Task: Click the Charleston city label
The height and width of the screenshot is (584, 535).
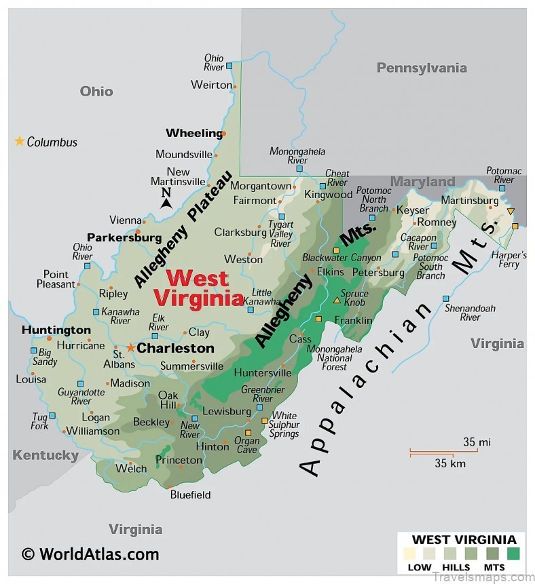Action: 176,348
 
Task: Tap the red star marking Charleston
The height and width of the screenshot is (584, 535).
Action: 130,347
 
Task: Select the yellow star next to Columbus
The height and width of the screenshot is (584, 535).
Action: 20,141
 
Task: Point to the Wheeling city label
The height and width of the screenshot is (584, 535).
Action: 194,133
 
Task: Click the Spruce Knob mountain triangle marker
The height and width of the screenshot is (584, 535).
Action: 337,300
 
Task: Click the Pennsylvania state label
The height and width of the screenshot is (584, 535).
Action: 422,68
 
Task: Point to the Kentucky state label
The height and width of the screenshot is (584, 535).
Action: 45,455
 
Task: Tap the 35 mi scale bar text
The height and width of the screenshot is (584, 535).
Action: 477,442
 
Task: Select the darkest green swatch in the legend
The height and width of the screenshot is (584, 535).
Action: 513,553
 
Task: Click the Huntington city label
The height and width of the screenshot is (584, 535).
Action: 56,330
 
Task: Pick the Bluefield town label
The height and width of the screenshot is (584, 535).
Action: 190,494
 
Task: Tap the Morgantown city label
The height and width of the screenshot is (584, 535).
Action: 261,186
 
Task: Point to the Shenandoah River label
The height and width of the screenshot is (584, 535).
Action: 470,313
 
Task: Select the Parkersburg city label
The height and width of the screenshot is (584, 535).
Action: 124,238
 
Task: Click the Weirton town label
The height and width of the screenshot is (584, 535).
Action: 211,85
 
